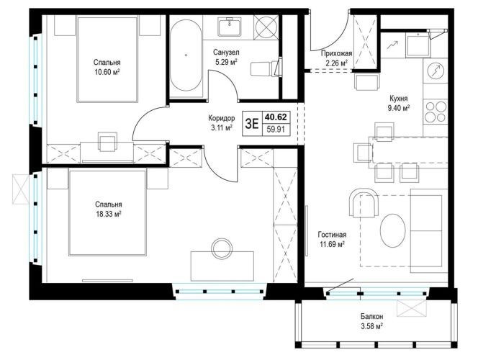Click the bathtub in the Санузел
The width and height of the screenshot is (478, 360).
pyautogui.click(x=186, y=55)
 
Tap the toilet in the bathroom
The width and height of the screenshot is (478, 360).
pyautogui.click(x=266, y=68)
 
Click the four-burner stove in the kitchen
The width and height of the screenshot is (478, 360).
pyautogui.click(x=436, y=112)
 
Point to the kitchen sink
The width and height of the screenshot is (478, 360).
pyautogui.click(x=418, y=45)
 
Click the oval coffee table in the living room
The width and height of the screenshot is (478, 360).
pyautogui.click(x=393, y=230)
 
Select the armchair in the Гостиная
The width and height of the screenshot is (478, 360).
pyautogui.click(x=364, y=203)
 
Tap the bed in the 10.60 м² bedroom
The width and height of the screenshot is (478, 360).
pyautogui.click(x=107, y=60)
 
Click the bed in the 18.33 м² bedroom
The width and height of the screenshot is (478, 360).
pyautogui.click(x=107, y=213)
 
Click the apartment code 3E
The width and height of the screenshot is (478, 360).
pyautogui.click(x=252, y=124)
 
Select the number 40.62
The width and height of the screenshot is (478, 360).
pyautogui.click(x=276, y=117)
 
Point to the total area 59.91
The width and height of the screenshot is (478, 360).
pyautogui.click(x=276, y=130)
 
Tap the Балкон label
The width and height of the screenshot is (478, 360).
pyautogui.click(x=371, y=316)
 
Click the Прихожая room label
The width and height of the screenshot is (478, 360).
pyautogui.click(x=337, y=54)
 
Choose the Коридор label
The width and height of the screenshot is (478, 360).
pyautogui.click(x=222, y=118)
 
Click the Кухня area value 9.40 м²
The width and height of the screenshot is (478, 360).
pyautogui.click(x=398, y=108)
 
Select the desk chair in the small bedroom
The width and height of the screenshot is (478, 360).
pyautogui.click(x=107, y=142)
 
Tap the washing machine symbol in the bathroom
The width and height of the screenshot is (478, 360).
pyautogui.click(x=266, y=28)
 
